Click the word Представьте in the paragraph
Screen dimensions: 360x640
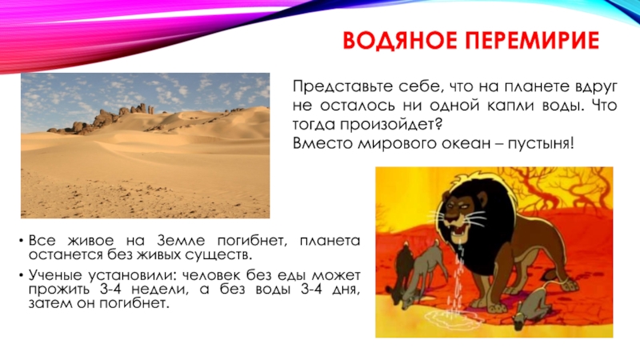(x=330, y=86)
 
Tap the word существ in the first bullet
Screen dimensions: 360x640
(x=218, y=255)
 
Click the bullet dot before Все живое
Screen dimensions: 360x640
(x=20, y=242)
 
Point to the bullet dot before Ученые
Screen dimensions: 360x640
(x=20, y=274)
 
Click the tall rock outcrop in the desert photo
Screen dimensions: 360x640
(x=128, y=113)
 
